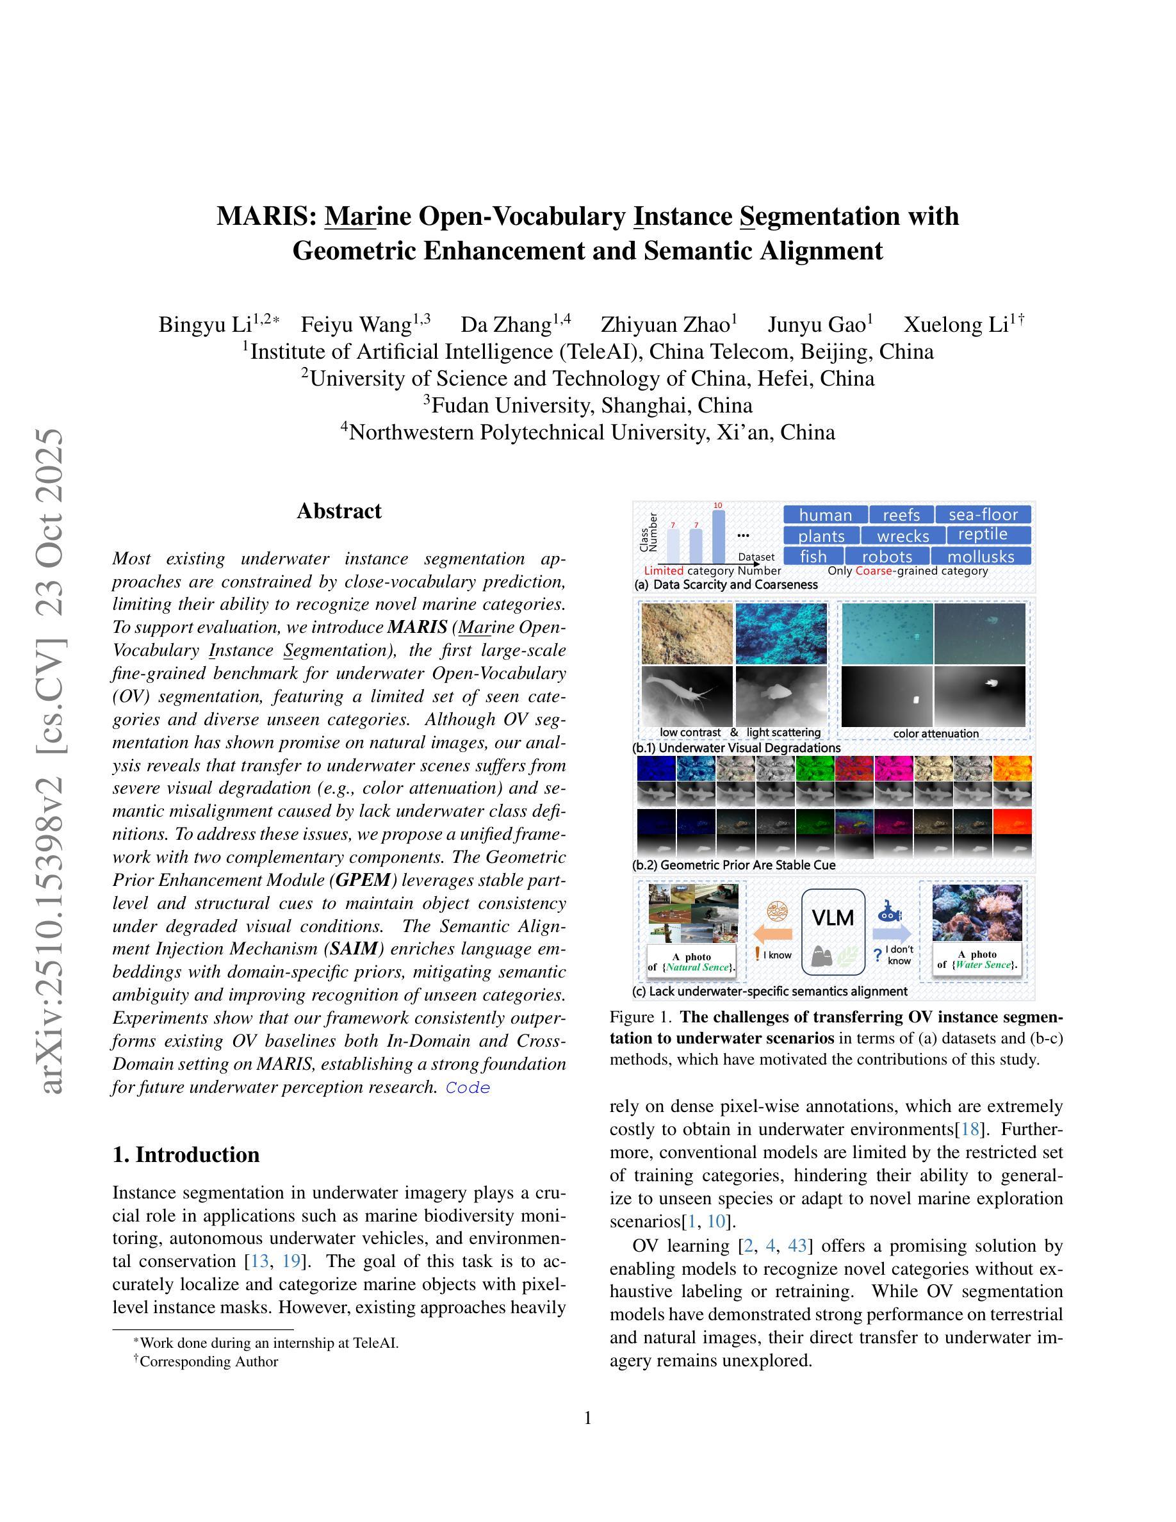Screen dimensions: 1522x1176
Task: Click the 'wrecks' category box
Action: pos(902,536)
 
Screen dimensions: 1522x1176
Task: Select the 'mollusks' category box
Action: pos(981,556)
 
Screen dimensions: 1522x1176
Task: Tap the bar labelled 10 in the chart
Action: pos(717,537)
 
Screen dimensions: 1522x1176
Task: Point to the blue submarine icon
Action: pos(890,911)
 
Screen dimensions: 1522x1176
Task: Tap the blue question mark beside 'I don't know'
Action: pos(877,954)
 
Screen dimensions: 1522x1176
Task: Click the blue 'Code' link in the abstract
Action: pos(468,1088)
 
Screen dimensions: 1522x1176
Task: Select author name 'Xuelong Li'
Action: pos(956,325)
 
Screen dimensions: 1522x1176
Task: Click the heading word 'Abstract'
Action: pos(339,511)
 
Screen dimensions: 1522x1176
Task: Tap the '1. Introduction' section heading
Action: pos(186,1154)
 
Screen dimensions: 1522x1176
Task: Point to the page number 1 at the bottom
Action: pos(588,1418)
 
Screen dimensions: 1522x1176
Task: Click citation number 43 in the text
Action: pos(797,1245)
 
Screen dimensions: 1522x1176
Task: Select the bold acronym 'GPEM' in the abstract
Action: pos(363,880)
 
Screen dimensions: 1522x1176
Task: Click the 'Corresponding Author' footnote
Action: pos(208,1361)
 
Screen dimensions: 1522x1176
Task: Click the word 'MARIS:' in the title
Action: pos(266,216)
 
